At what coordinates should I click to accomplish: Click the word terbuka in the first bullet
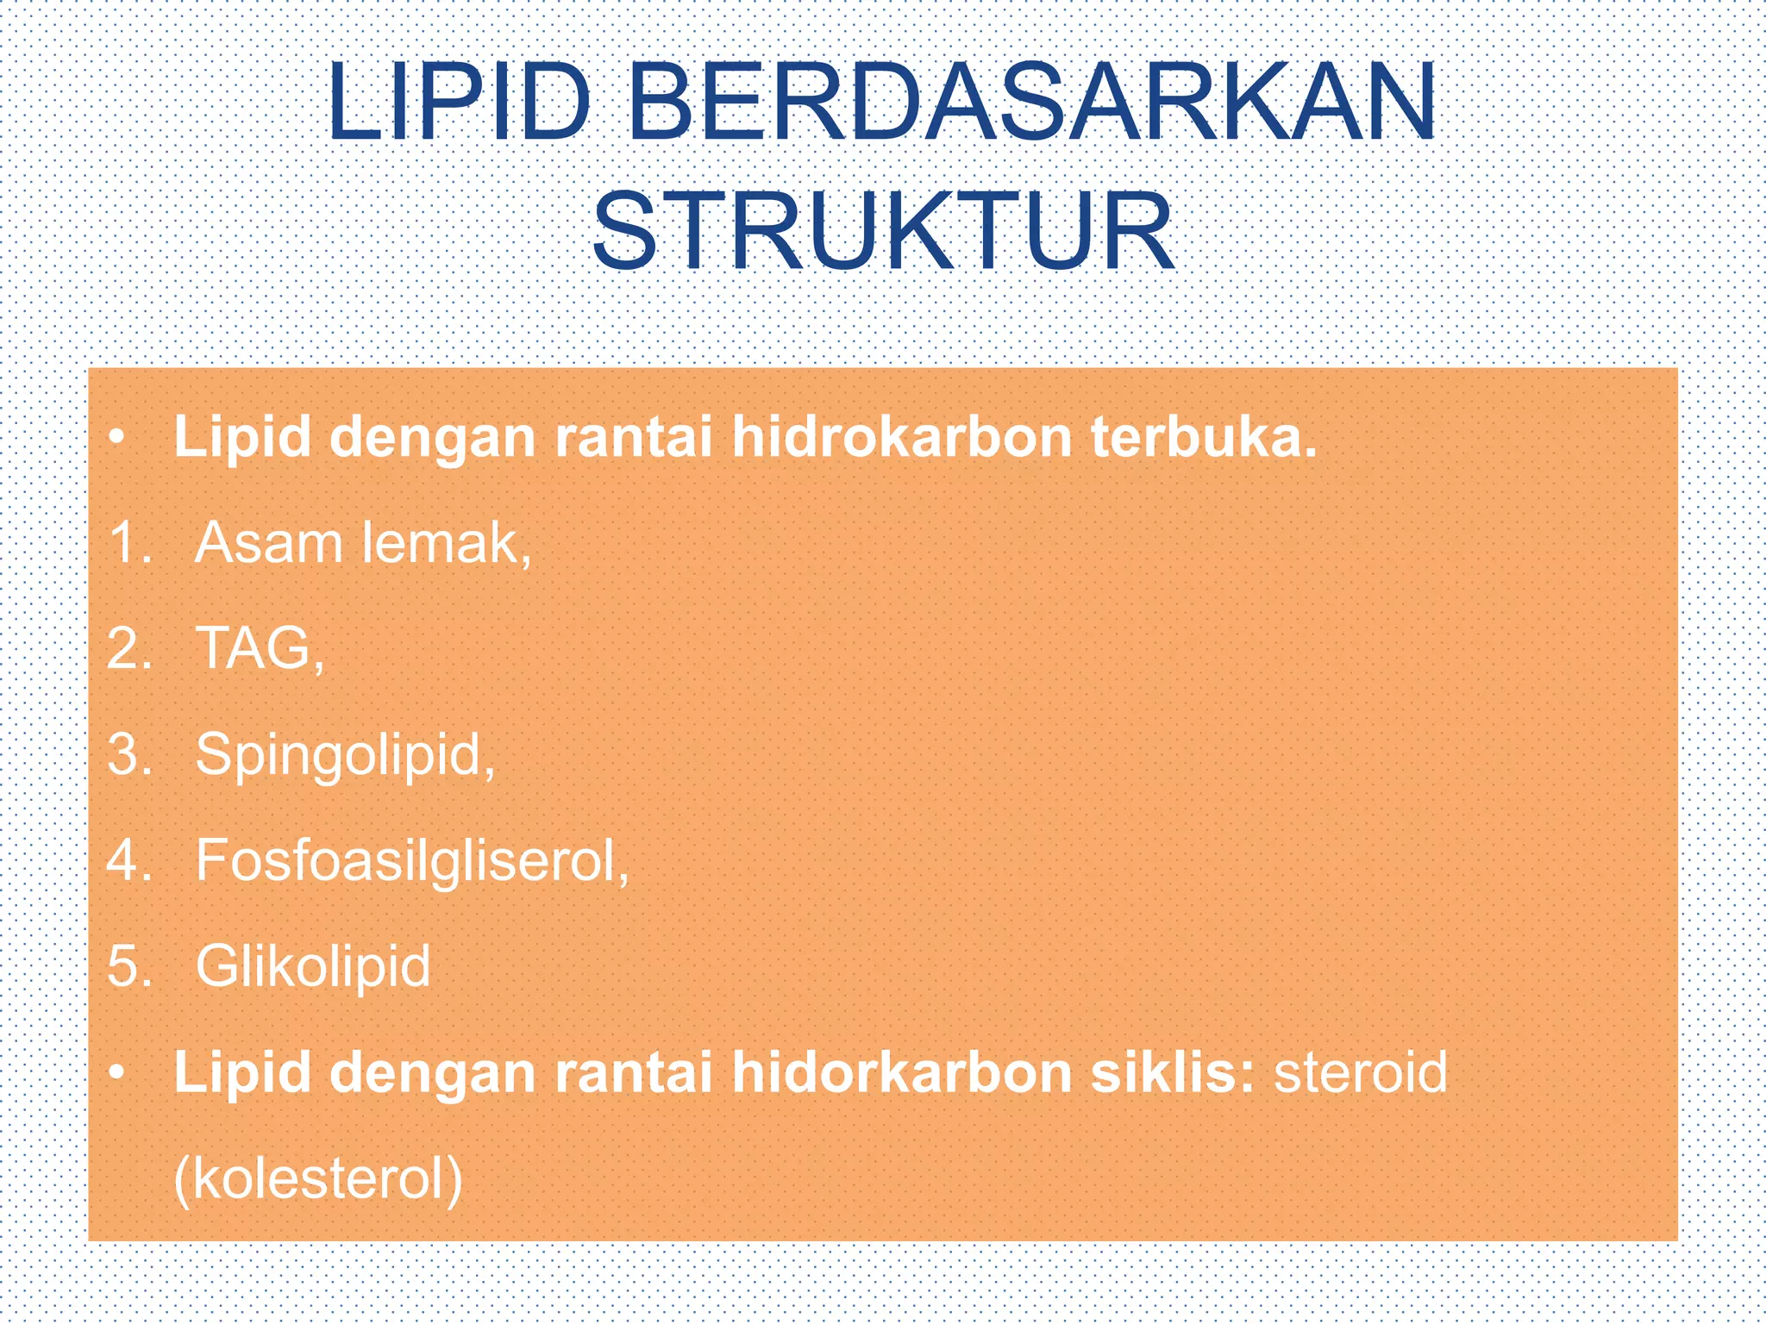click(1204, 437)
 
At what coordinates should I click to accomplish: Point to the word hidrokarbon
click(901, 437)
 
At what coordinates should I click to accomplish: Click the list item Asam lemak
click(362, 544)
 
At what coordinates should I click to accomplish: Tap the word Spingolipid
click(345, 756)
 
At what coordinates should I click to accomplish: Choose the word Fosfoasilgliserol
click(412, 860)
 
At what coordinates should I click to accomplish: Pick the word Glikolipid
click(313, 965)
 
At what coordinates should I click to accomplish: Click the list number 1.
click(129, 544)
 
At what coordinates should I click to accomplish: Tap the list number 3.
click(129, 754)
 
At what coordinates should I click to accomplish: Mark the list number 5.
click(129, 965)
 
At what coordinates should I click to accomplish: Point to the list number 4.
click(129, 860)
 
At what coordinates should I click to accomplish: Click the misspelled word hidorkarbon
click(901, 1072)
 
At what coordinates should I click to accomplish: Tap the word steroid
click(1361, 1072)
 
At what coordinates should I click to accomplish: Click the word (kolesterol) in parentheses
click(318, 1177)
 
